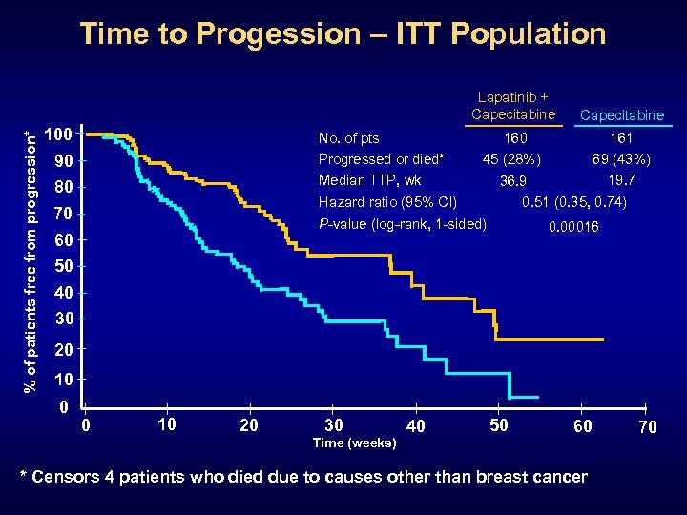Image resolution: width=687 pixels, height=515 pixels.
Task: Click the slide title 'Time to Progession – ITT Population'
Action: [x=343, y=34]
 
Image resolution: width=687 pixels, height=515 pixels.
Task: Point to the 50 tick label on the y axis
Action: [x=62, y=265]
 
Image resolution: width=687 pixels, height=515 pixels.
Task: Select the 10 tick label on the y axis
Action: [x=62, y=381]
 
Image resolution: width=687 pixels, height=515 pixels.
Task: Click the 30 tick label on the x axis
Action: [x=334, y=425]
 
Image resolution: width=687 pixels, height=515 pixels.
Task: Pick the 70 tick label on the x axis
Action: [x=647, y=427]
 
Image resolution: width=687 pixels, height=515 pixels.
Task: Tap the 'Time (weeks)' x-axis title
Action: [x=355, y=443]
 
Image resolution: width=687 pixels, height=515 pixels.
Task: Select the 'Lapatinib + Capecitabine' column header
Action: [x=512, y=106]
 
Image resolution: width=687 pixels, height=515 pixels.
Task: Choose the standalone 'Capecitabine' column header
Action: [x=622, y=115]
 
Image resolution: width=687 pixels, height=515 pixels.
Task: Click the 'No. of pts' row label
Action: [x=348, y=139]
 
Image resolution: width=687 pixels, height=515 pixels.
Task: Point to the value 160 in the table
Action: [x=516, y=139]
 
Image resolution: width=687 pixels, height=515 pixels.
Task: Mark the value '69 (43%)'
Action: [x=621, y=158]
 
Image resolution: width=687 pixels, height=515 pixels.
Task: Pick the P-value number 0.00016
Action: [x=572, y=227]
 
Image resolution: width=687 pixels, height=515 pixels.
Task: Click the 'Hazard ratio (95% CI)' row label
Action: [x=387, y=201]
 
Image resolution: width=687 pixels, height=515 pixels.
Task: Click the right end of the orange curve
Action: [x=603, y=340]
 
